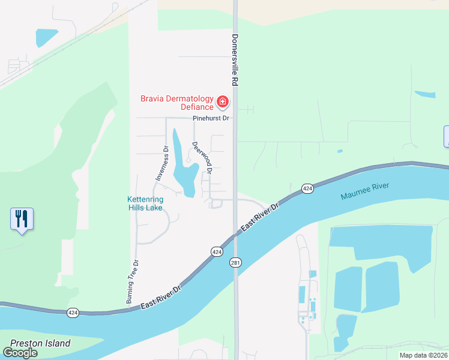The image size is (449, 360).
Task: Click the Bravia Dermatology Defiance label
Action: pyautogui.click(x=176, y=103)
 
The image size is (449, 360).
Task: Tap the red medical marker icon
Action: pyautogui.click(x=223, y=102)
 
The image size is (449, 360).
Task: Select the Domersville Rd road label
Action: pyautogui.click(x=234, y=59)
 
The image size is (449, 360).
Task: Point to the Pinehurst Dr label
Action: pyautogui.click(x=211, y=118)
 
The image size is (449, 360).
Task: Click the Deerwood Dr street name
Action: pyautogui.click(x=202, y=157)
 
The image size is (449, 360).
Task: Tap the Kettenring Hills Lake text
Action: pyautogui.click(x=145, y=203)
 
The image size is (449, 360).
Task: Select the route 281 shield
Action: pyautogui.click(x=235, y=263)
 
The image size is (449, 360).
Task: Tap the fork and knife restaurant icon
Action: pyautogui.click(x=22, y=219)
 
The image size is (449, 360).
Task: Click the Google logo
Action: pyautogui.click(x=20, y=352)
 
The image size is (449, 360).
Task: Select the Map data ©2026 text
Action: pyautogui.click(x=423, y=355)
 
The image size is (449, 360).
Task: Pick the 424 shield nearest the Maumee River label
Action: pyautogui.click(x=307, y=188)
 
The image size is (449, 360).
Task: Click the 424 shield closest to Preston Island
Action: pyautogui.click(x=73, y=313)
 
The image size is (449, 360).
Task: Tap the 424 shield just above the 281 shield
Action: pyautogui.click(x=217, y=251)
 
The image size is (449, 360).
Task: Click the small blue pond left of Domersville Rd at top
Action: pyautogui.click(x=46, y=37)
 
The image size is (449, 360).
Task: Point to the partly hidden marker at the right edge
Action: pyautogui.click(x=446, y=136)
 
